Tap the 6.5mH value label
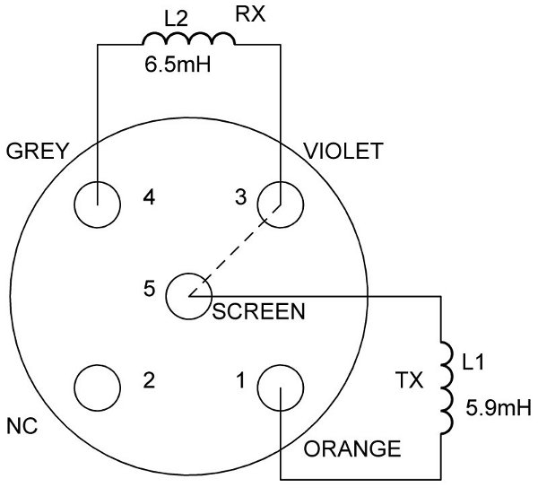(x=178, y=65)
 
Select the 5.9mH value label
(x=499, y=408)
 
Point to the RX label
(x=250, y=14)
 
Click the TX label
(x=410, y=380)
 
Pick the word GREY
(x=38, y=151)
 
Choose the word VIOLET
(x=343, y=151)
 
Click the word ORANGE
(x=352, y=448)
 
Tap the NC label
(x=22, y=427)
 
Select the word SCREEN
(x=258, y=311)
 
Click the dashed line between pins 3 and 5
(x=235, y=250)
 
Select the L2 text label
(x=177, y=19)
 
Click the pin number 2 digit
(x=149, y=380)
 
